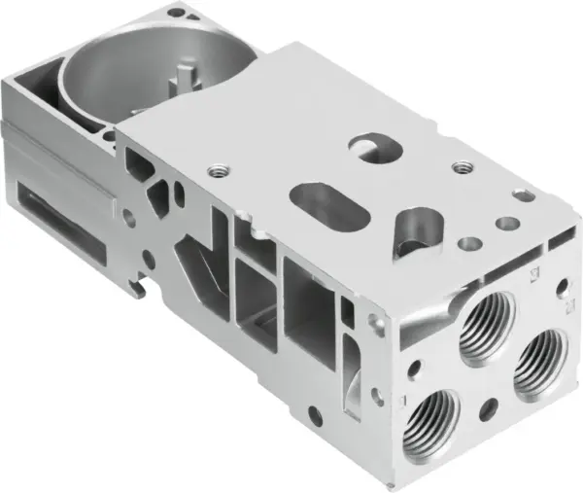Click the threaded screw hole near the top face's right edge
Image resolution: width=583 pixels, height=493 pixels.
click(x=458, y=167)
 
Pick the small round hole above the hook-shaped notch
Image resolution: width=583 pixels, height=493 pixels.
click(x=146, y=258)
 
